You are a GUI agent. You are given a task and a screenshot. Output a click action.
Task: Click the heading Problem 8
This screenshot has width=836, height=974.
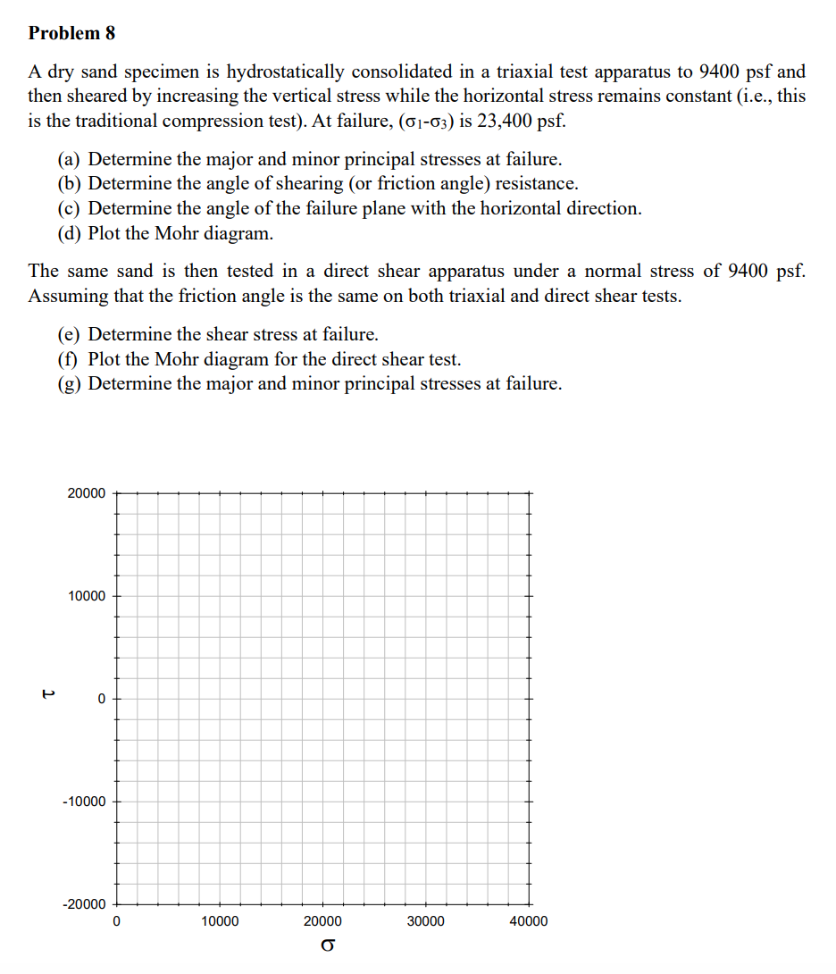tap(71, 33)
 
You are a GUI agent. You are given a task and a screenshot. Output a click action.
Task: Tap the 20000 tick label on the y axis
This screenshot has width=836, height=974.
tap(86, 493)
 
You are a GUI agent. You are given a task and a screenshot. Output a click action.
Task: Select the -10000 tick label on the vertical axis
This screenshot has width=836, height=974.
tap(84, 802)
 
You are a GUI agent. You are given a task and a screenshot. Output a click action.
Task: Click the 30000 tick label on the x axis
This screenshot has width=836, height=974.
tap(425, 922)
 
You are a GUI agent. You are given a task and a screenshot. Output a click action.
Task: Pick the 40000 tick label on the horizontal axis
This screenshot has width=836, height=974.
tap(529, 922)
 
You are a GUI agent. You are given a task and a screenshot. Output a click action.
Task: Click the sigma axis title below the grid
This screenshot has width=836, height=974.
tap(328, 945)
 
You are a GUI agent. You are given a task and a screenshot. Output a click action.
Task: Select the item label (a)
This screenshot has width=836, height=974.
tap(70, 160)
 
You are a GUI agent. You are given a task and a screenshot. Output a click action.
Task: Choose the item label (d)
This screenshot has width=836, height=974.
tap(70, 234)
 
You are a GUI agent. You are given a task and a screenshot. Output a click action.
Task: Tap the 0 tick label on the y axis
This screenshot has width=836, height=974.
tap(102, 699)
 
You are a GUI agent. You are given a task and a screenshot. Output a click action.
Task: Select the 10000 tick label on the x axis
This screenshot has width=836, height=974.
tap(220, 922)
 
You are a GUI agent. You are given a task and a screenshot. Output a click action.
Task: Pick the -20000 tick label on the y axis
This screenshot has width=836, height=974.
tap(84, 904)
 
